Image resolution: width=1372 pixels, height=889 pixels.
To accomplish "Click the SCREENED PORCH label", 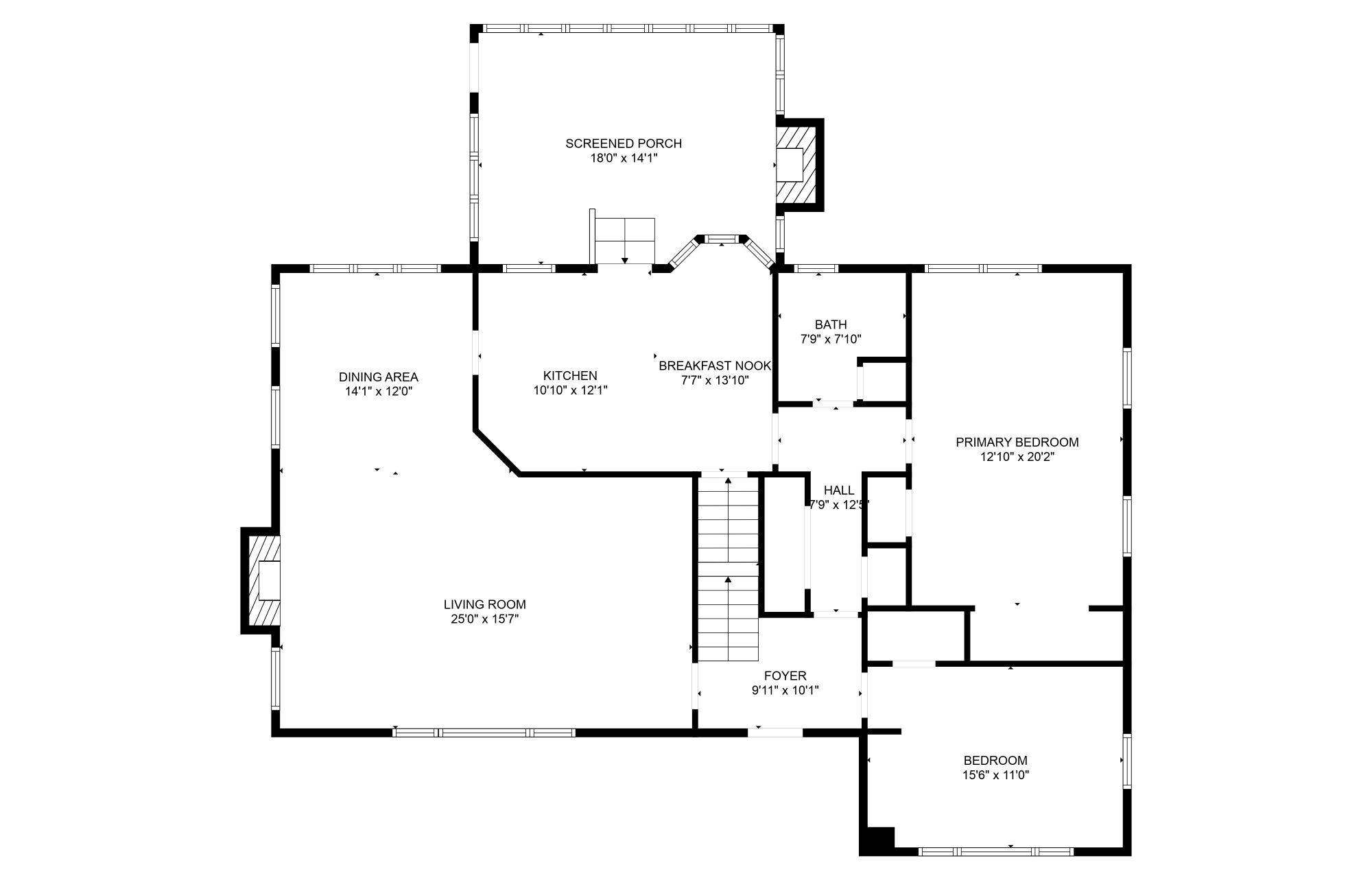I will coord(623,143).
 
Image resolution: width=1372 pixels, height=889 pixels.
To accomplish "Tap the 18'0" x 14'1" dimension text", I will coord(623,158).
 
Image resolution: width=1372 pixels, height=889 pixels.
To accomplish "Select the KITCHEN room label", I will coord(570,376).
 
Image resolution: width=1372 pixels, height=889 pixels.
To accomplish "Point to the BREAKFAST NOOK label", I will coord(715,366).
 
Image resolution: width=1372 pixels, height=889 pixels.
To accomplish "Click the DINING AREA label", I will coord(378,377).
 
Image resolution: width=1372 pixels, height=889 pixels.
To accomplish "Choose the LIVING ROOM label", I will coord(484,604).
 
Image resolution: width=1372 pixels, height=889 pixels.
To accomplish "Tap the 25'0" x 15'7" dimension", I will coord(484,619).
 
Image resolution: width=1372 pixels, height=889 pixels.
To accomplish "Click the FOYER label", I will coord(785,676).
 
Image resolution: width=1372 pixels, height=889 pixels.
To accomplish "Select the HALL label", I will coord(838,490).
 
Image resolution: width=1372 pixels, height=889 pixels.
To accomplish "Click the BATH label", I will coord(830,324).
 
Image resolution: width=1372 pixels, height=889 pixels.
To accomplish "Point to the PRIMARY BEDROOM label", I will coord(1017,442).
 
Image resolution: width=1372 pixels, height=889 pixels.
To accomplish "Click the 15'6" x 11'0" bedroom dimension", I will coord(995,775).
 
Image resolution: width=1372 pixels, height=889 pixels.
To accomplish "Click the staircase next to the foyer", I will coord(729,569).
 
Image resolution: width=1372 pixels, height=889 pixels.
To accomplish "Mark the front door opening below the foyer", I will coord(774,732).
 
